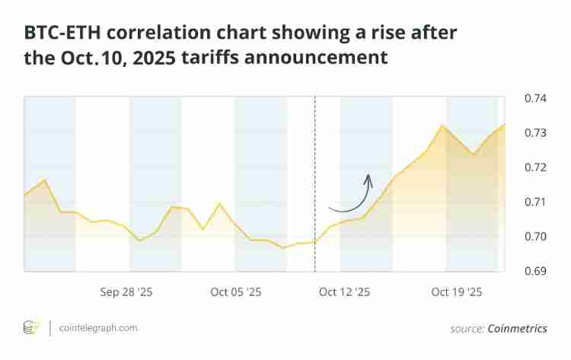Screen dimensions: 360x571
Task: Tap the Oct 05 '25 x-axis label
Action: point(236,292)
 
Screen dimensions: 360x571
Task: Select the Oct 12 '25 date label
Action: point(344,292)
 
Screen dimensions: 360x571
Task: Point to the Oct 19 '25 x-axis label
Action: point(457,292)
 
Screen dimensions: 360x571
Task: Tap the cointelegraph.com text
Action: point(99,328)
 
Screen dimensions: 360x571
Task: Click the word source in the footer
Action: point(466,329)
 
